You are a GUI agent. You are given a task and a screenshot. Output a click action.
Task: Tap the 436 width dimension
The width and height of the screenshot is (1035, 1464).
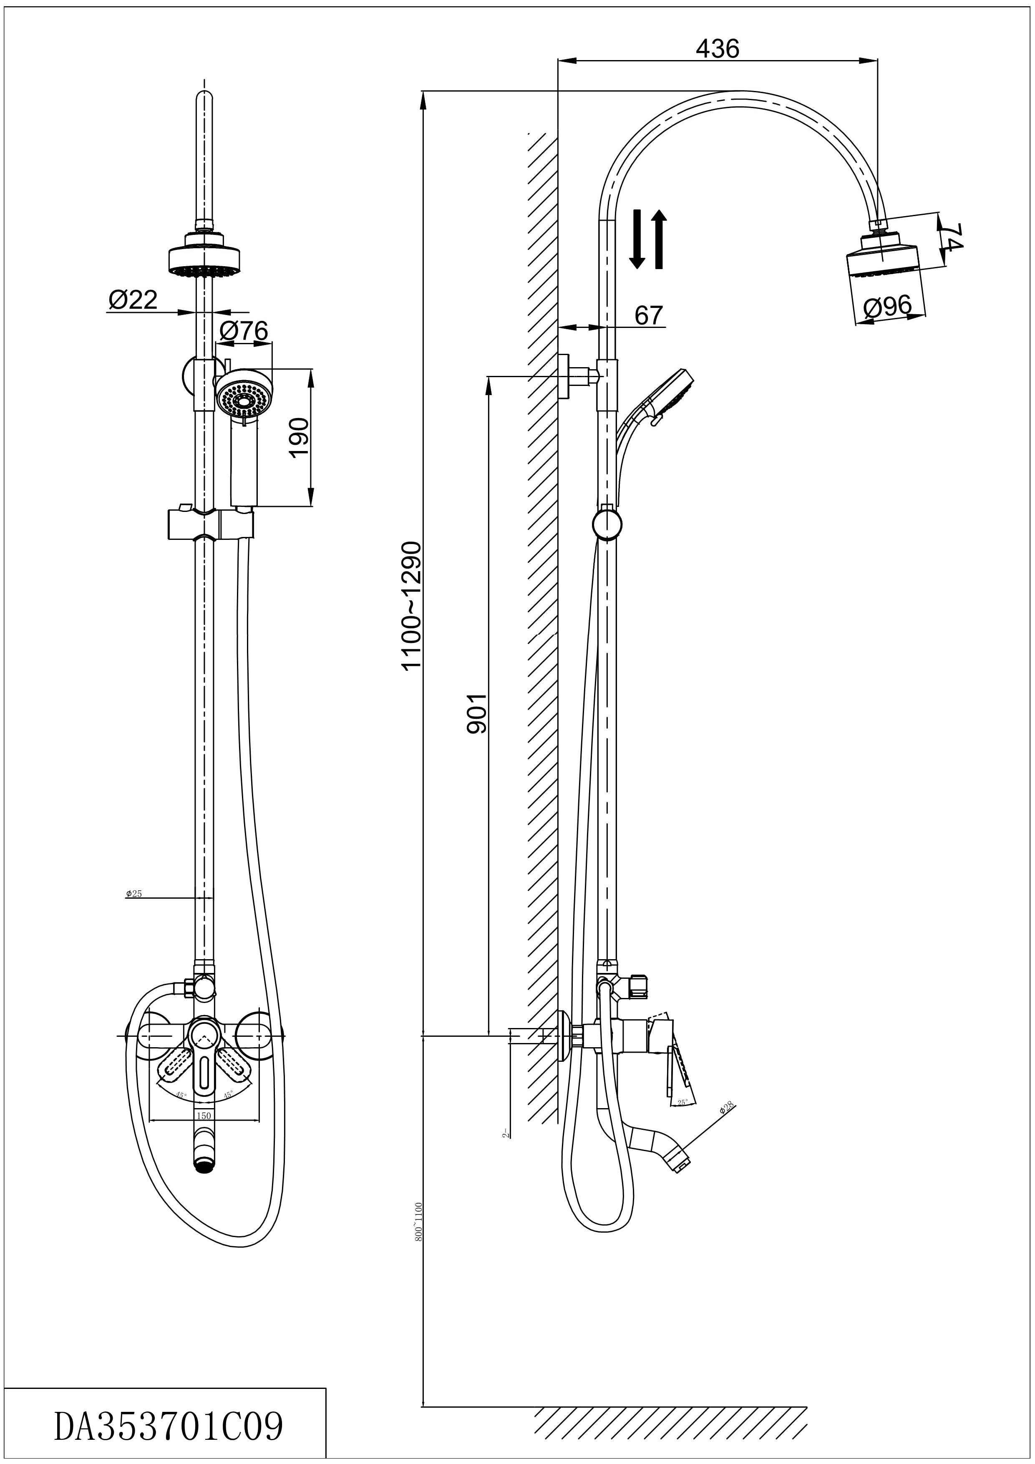[718, 48]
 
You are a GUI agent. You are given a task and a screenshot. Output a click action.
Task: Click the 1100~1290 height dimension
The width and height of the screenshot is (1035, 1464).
[411, 605]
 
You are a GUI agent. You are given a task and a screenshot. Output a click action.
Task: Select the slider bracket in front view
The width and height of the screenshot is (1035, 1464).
[210, 524]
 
